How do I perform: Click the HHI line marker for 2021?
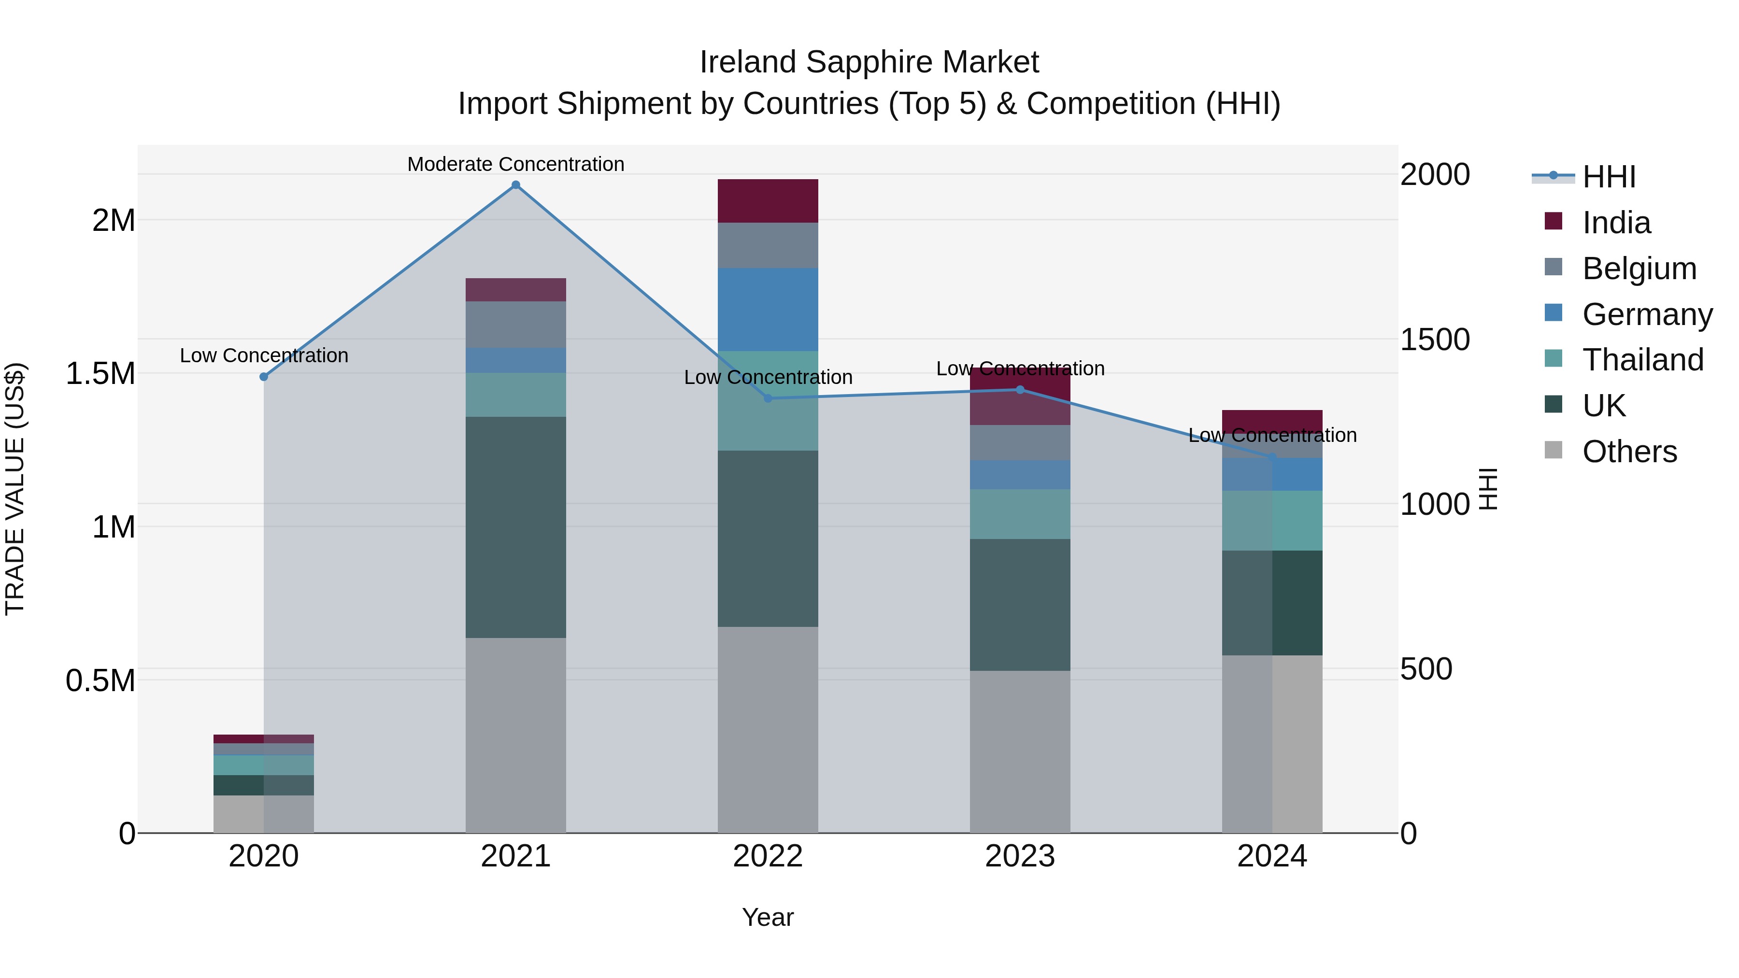[516, 185]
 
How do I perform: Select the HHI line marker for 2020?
[264, 377]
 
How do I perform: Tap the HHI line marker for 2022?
[768, 398]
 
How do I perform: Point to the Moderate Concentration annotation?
[516, 164]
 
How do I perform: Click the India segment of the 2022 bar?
[768, 200]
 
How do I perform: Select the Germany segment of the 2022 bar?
[768, 309]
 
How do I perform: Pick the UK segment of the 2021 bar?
[516, 526]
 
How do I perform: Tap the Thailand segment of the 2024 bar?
[1272, 520]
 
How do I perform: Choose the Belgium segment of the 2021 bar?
[516, 324]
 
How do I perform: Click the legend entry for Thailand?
[1642, 360]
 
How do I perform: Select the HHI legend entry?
[1608, 177]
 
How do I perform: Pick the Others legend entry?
[1628, 452]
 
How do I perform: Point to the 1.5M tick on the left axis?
[100, 373]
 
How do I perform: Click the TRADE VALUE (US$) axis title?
[15, 489]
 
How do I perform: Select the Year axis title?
[768, 917]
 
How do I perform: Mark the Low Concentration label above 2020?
[264, 355]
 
